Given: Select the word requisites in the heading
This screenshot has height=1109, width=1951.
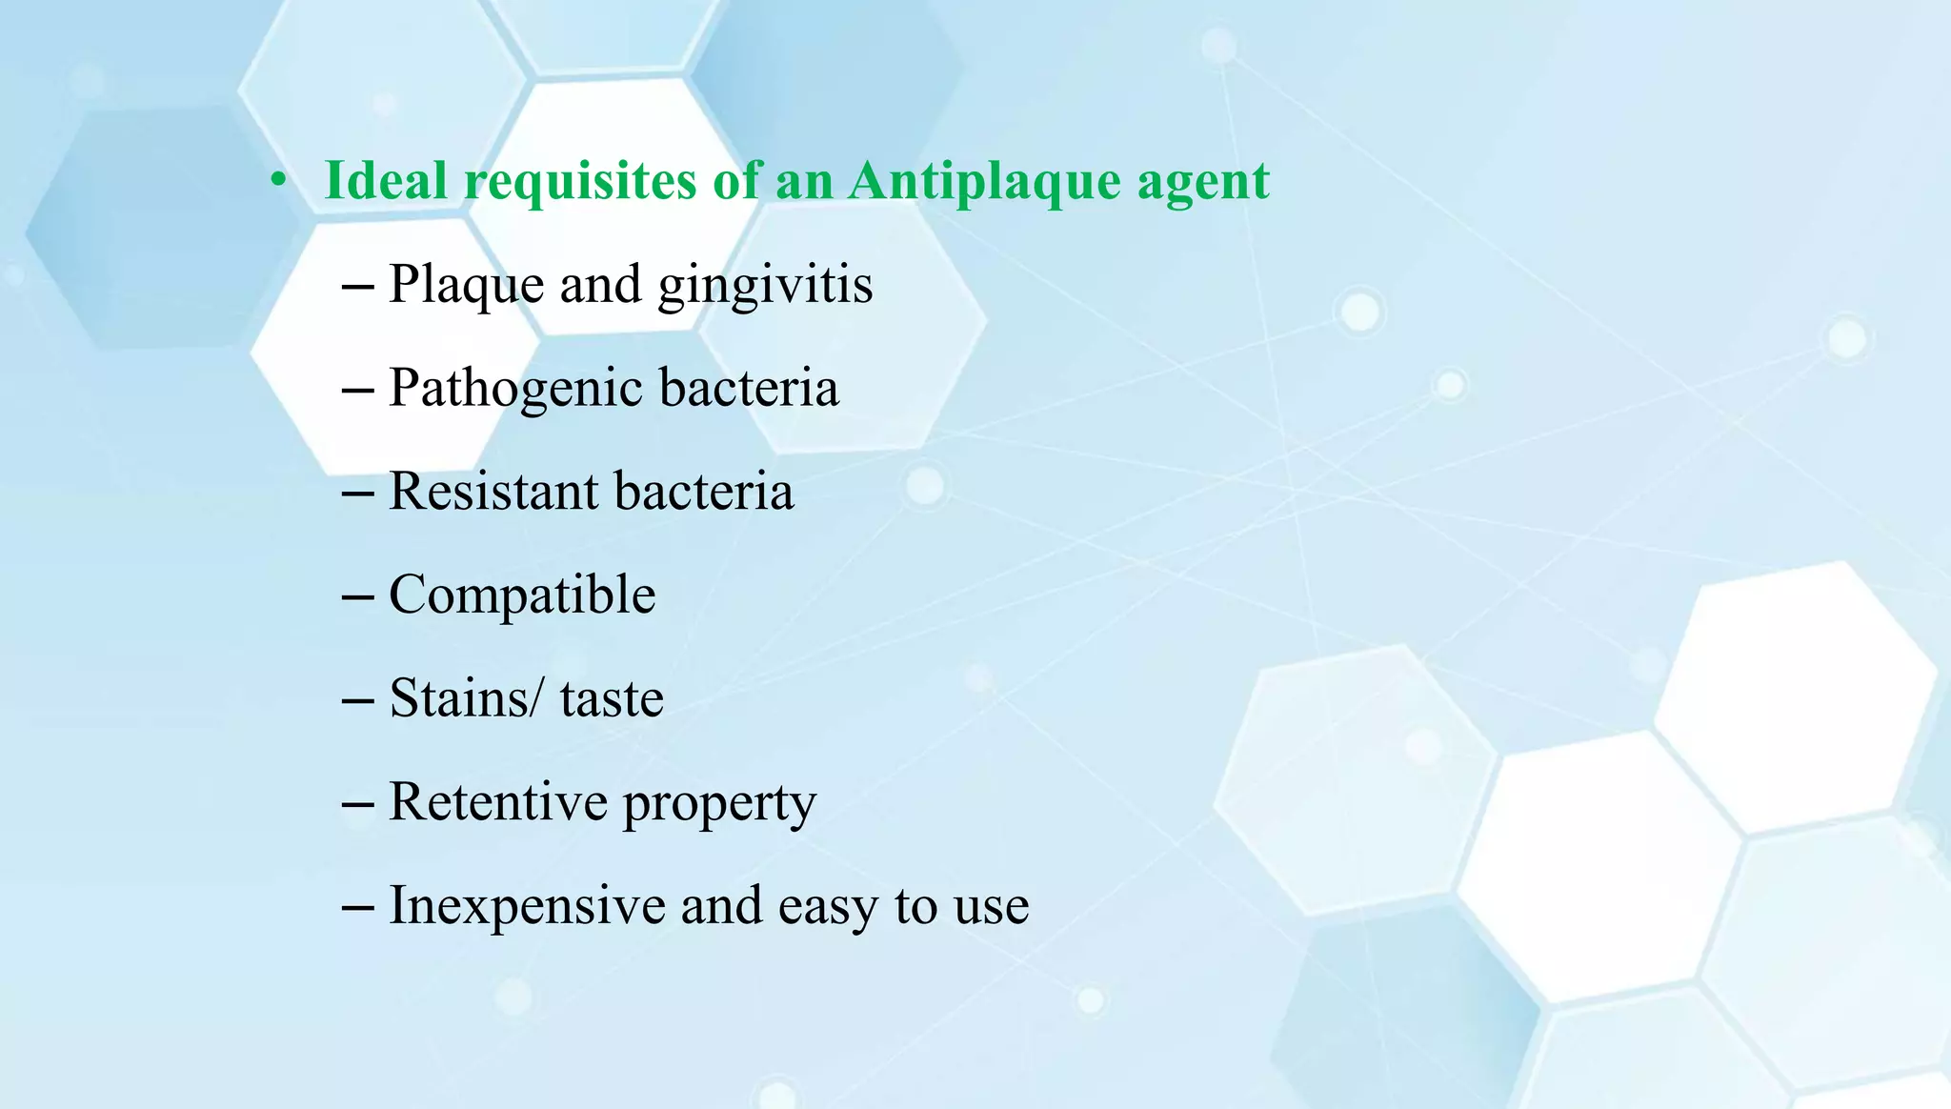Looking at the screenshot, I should pyautogui.click(x=580, y=181).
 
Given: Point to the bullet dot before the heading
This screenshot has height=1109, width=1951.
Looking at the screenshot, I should pyautogui.click(x=277, y=181).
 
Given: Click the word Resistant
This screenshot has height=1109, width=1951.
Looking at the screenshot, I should pyautogui.click(x=493, y=492).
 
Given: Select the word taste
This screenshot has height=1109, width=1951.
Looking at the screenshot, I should pyautogui.click(x=612, y=698).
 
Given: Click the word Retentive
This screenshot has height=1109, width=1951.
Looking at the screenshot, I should pyautogui.click(x=498, y=801).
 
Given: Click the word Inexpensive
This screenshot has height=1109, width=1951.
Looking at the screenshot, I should pyautogui.click(x=527, y=906).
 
